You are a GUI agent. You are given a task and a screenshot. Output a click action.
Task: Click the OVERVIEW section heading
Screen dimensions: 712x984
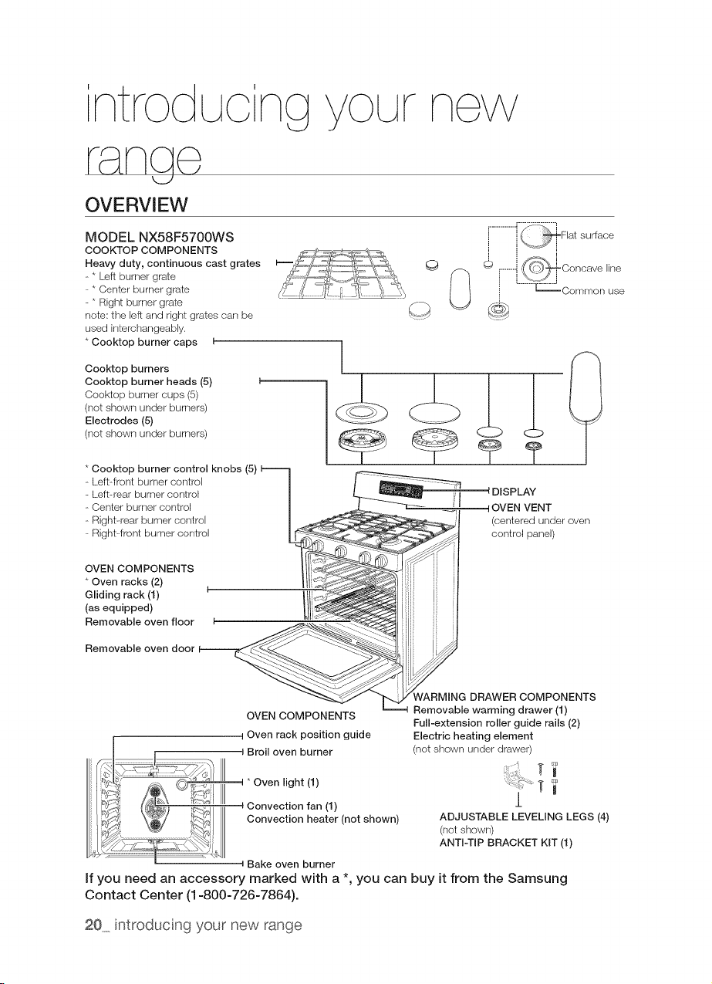[x=136, y=205]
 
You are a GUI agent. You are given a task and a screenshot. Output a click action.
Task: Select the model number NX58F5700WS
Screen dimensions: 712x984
[x=186, y=238]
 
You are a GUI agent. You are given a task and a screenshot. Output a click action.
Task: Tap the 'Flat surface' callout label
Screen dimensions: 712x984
[x=587, y=235]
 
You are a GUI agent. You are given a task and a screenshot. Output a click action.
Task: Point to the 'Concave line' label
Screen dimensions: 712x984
[x=592, y=268]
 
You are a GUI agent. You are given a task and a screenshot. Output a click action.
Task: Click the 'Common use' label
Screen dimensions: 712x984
[x=593, y=291]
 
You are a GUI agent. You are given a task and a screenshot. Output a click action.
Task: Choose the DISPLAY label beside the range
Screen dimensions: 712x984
[x=514, y=492]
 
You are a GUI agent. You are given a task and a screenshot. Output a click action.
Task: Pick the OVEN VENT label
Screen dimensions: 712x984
[x=521, y=508]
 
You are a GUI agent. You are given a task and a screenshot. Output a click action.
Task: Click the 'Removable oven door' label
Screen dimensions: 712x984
[x=140, y=648]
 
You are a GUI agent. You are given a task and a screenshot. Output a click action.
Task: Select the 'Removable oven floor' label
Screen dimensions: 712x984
[x=139, y=621]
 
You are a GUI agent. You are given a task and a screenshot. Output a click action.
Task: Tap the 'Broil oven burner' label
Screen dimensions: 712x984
[x=290, y=752]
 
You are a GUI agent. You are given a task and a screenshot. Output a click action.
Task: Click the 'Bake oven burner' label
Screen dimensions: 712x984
[x=291, y=864]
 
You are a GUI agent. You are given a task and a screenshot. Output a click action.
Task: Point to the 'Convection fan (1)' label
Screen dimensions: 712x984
[x=292, y=806]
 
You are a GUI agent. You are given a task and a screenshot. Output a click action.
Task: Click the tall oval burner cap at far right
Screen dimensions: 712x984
[x=585, y=387]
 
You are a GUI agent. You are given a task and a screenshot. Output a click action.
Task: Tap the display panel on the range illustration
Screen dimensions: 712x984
[x=400, y=489]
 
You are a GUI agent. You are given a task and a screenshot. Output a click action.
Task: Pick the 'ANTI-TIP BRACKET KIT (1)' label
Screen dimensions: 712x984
[x=506, y=842]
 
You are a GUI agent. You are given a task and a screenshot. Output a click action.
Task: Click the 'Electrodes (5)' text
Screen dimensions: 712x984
[x=119, y=421]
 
